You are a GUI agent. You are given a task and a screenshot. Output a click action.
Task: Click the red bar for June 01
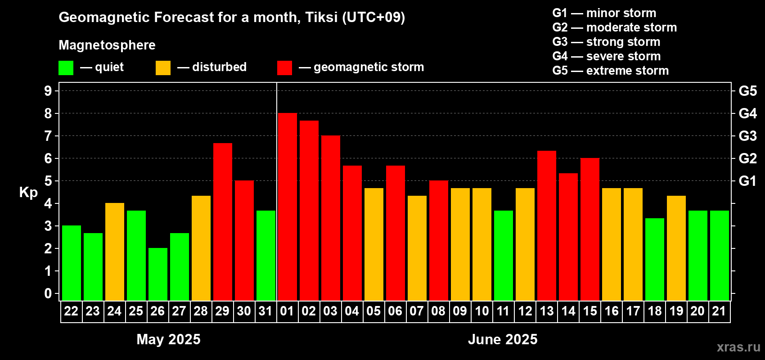[x=287, y=207]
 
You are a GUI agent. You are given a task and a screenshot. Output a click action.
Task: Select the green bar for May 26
[x=158, y=274]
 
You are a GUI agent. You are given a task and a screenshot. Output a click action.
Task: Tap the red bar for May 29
[x=223, y=222]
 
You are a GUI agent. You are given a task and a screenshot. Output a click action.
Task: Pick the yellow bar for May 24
[x=115, y=252]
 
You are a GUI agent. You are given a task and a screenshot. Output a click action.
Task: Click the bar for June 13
[x=546, y=225]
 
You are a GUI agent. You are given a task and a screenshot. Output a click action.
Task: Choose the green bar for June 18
[x=655, y=259]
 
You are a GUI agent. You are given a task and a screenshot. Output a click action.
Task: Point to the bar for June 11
[x=504, y=256]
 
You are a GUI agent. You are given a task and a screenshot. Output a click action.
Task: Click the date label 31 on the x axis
[x=265, y=311]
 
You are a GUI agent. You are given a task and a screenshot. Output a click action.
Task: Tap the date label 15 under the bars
[x=590, y=311]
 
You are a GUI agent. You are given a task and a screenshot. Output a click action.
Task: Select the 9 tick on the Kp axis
[x=48, y=91]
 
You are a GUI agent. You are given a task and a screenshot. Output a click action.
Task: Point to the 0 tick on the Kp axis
[x=48, y=293]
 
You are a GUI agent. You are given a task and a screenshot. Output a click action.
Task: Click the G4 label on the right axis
[x=747, y=113]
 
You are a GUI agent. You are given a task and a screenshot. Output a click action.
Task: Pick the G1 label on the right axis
[x=747, y=181]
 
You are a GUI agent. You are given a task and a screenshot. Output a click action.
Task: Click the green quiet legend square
[x=66, y=67]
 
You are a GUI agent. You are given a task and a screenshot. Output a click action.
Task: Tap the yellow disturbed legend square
[x=163, y=67]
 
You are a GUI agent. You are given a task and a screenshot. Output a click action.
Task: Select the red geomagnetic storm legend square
[x=284, y=67]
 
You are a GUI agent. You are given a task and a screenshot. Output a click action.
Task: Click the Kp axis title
[x=28, y=193]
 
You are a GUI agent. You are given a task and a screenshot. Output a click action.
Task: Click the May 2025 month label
[x=168, y=339]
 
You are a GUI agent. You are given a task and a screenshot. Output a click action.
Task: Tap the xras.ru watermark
[x=738, y=347]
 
